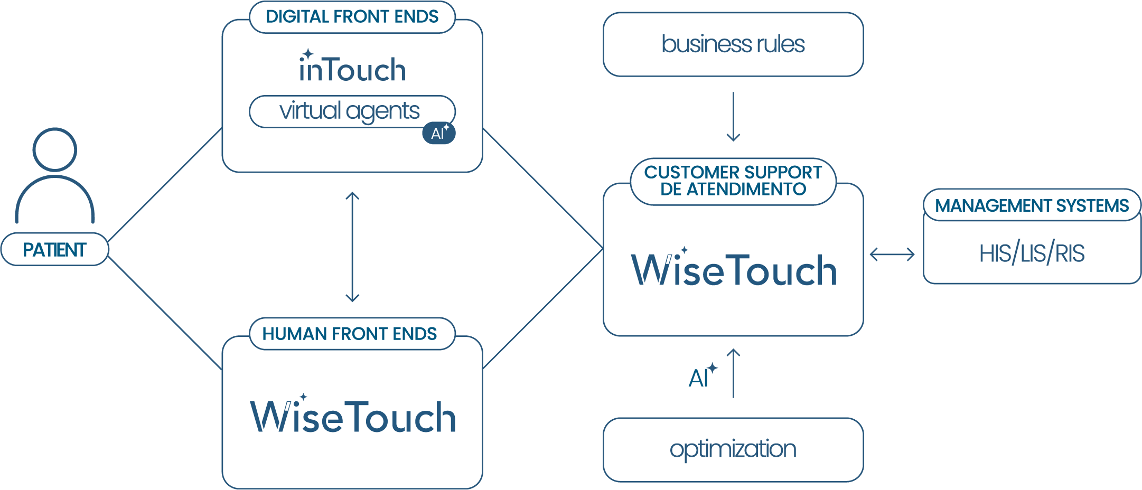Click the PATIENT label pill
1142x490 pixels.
(x=54, y=249)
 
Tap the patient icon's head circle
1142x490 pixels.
(x=54, y=149)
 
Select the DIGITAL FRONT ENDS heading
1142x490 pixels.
(x=352, y=17)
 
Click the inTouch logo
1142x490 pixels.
(x=352, y=69)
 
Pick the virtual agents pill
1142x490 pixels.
(x=350, y=111)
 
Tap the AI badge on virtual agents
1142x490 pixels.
(x=439, y=133)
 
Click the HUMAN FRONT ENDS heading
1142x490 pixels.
(x=350, y=334)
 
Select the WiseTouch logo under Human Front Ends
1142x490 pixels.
(x=353, y=416)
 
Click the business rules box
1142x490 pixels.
(x=733, y=44)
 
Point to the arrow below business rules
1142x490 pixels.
(x=733, y=117)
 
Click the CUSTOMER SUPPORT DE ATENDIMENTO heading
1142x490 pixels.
(x=733, y=181)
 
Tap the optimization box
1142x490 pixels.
(x=733, y=449)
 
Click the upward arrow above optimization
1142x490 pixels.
(x=733, y=373)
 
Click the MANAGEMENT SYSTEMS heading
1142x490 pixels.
(x=1032, y=205)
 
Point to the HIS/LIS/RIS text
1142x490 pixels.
(x=1032, y=253)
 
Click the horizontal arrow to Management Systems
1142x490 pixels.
(x=892, y=255)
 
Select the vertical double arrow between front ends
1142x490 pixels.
(x=352, y=247)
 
